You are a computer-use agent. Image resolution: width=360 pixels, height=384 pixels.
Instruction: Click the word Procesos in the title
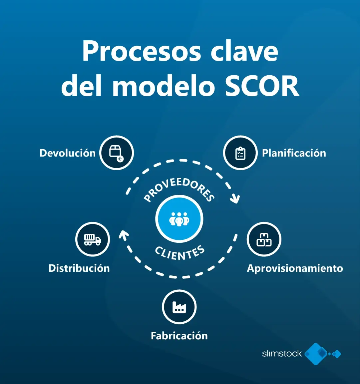click(142, 52)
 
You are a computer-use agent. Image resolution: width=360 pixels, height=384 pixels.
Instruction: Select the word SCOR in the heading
click(262, 86)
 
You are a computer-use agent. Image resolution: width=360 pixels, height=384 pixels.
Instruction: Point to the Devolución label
click(68, 153)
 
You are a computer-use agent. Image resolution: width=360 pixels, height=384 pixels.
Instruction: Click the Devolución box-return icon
click(117, 153)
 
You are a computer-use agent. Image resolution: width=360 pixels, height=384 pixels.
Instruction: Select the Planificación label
click(294, 153)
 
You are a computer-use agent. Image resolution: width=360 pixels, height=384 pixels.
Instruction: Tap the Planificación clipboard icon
click(240, 153)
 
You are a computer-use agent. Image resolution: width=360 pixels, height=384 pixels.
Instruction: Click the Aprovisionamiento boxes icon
click(264, 239)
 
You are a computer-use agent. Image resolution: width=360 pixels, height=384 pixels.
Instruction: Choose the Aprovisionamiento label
click(295, 268)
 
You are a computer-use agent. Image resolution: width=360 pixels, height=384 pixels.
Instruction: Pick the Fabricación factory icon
click(179, 307)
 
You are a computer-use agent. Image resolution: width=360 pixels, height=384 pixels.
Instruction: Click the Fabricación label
click(179, 336)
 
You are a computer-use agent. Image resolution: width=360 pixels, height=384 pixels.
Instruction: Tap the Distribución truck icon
click(93, 239)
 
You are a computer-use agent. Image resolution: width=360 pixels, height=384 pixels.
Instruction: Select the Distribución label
click(79, 268)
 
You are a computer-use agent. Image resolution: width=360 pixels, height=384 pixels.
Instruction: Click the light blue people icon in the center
click(179, 219)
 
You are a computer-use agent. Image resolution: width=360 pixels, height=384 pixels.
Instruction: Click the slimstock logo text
click(282, 354)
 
